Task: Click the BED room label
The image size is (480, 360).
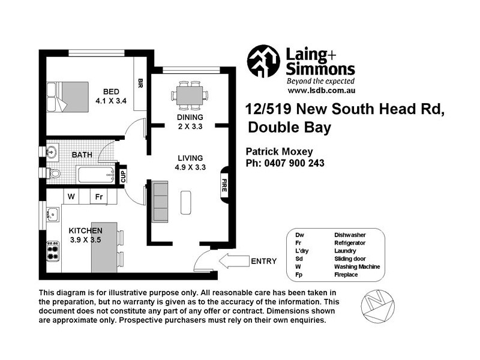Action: (111, 92)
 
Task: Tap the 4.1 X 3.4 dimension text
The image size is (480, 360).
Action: (111, 101)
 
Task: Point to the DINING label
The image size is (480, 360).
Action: (190, 117)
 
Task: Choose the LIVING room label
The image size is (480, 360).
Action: (190, 158)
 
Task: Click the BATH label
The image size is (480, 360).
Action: (82, 155)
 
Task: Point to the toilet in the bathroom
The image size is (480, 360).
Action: (54, 173)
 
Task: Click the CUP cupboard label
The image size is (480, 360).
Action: (123, 176)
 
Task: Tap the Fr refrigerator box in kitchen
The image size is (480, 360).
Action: (98, 196)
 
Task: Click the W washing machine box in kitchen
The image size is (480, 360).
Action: (71, 196)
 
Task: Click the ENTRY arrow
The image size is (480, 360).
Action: (235, 260)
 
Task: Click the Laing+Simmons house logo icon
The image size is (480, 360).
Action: (263, 61)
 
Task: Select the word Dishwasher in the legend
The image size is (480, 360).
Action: (350, 235)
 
